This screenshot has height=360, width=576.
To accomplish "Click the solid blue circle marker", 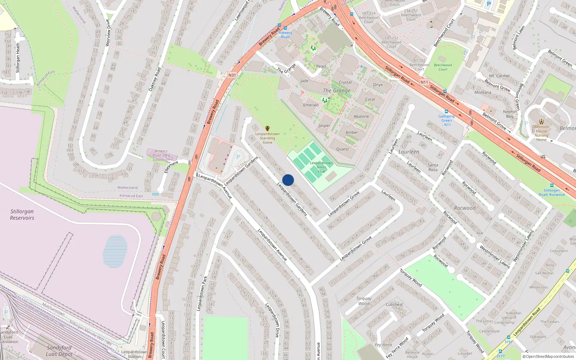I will pyautogui.click(x=288, y=180).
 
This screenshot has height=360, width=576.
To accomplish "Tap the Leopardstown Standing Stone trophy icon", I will pyautogui.click(x=267, y=129).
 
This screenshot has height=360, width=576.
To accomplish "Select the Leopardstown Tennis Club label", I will pyautogui.click(x=321, y=167).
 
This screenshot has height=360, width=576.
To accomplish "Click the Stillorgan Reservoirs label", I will pyautogui.click(x=22, y=215).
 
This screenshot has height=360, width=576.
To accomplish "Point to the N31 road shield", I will pyautogui.click(x=232, y=75).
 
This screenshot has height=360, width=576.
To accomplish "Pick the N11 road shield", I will pyautogui.click(x=424, y=82).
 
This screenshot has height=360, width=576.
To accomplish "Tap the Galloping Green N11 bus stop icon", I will pyautogui.click(x=446, y=112).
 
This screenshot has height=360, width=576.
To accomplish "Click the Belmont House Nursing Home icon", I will pyautogui.click(x=541, y=122).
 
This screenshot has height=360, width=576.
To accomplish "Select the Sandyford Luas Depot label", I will pyautogui.click(x=59, y=351).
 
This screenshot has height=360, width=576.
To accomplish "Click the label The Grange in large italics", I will pyautogui.click(x=337, y=91).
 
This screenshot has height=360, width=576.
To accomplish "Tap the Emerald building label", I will pyautogui.click(x=311, y=105).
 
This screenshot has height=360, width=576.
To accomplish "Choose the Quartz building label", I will pyautogui.click(x=342, y=149).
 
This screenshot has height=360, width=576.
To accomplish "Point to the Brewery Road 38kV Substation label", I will pyautogui.click(x=161, y=155).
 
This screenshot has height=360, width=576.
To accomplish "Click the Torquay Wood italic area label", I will pyautogui.click(x=364, y=301).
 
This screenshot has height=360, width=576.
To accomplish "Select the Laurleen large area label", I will pyautogui.click(x=409, y=152).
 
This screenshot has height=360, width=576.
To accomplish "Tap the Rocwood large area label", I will pyautogui.click(x=465, y=208).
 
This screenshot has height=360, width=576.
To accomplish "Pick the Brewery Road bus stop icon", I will pyautogui.click(x=285, y=28).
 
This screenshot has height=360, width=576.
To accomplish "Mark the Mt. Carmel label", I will pyautogui.click(x=499, y=76).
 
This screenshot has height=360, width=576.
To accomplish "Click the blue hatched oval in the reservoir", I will pyautogui.click(x=115, y=251).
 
